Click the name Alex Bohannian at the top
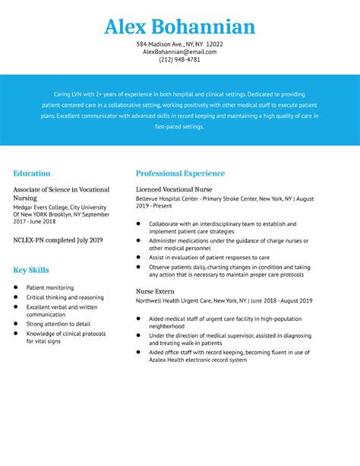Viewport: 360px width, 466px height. point(180,27)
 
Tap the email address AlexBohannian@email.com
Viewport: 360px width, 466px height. point(180,52)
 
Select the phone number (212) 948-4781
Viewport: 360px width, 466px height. point(180,60)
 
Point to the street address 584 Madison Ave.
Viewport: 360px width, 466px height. point(161,44)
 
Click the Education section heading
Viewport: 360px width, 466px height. point(32,173)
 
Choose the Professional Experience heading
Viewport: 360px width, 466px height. point(180,173)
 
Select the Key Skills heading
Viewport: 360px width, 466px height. point(31,270)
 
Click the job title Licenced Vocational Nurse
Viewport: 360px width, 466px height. point(174,189)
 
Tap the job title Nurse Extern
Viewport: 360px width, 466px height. point(155,291)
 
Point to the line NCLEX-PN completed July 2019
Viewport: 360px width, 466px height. point(58,239)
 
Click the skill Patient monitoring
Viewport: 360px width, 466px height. point(50,288)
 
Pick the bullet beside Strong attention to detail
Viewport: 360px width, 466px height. point(17,324)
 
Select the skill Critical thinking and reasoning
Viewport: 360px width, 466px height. point(65,297)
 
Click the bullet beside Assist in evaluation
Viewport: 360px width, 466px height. point(138,258)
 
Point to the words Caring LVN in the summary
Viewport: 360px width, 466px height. point(67,94)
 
